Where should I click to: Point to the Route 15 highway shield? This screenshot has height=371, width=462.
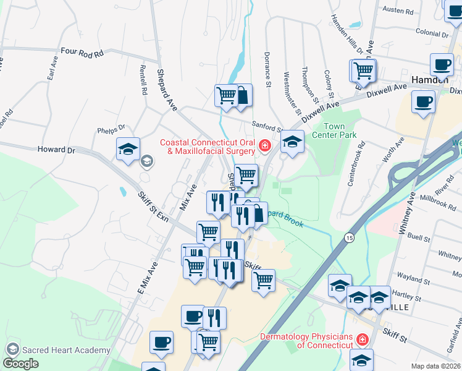point(350,237)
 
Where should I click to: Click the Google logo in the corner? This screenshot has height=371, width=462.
point(21,364)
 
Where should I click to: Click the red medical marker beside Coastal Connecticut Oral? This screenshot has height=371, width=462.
point(264,145)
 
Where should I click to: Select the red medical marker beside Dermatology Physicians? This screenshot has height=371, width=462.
point(361,340)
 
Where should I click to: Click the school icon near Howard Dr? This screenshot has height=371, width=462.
point(128,149)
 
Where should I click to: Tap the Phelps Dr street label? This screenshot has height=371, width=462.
point(111,130)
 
